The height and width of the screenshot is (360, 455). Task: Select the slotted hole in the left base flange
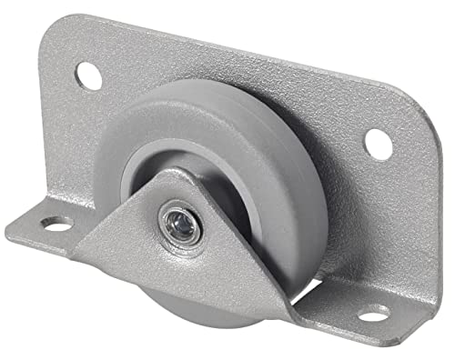coord(57,223)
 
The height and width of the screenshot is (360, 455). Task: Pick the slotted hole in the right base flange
coord(371,315)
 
